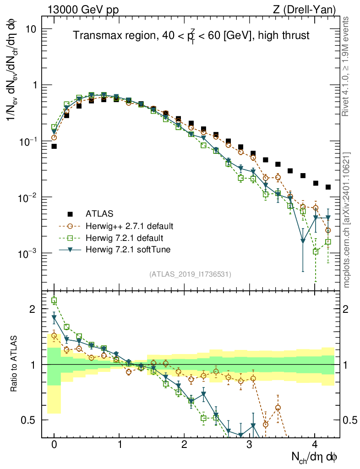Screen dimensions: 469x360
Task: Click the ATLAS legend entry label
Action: [99, 213]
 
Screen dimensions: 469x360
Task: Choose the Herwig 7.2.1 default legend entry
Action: [124, 238]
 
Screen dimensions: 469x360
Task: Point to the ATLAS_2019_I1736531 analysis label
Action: [190, 274]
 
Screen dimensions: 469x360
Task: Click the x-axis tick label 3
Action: [250, 444]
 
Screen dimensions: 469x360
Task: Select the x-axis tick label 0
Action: [54, 444]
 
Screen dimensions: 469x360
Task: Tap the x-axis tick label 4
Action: [315, 444]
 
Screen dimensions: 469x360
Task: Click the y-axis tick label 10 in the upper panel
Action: [31, 29]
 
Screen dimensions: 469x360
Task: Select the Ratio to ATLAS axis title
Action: [14, 364]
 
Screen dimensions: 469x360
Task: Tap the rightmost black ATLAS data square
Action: [328, 187]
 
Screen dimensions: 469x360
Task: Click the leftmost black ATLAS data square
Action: [54, 147]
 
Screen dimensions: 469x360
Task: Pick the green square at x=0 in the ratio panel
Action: [54, 301]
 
